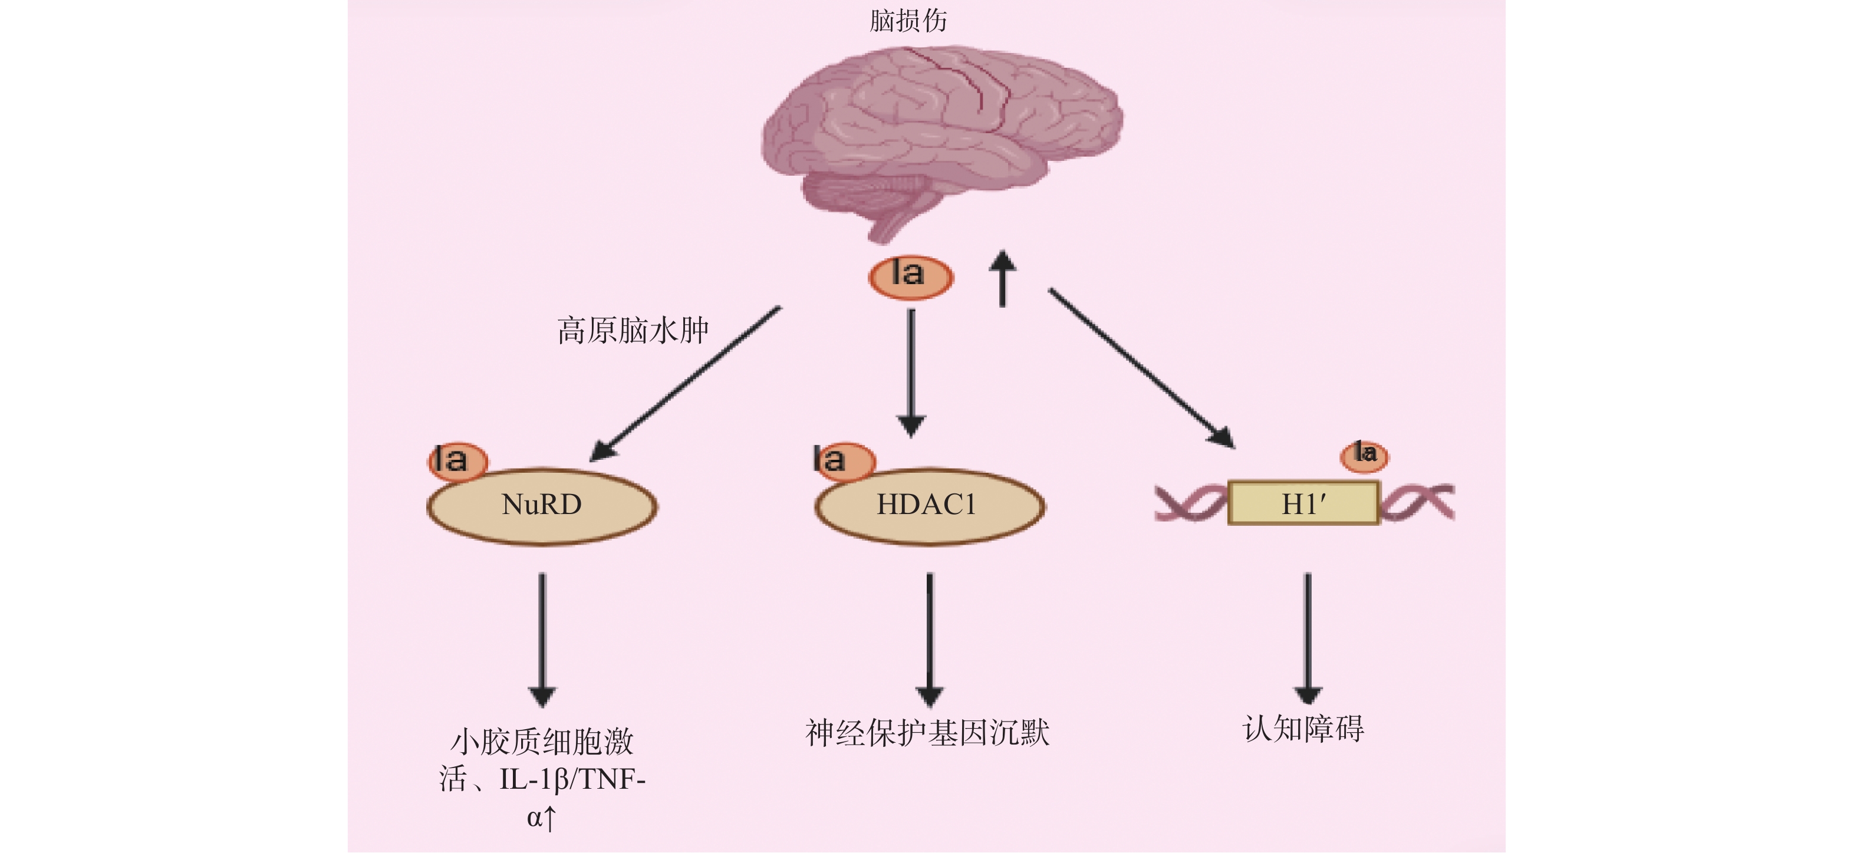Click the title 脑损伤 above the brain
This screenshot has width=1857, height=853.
[908, 20]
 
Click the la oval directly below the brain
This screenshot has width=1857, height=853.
[910, 277]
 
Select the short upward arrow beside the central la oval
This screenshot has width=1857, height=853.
[1002, 278]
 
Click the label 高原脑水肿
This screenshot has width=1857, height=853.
[633, 330]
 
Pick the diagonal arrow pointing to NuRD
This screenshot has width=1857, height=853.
[685, 384]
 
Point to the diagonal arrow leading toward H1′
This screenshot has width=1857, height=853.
[1141, 368]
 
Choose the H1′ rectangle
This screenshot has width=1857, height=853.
[1303, 503]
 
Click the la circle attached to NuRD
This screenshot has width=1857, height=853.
[457, 461]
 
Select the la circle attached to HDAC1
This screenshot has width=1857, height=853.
[844, 461]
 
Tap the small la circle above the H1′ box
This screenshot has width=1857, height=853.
[1364, 456]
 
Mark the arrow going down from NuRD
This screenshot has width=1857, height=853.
[542, 640]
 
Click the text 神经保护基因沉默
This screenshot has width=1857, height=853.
[928, 733]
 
